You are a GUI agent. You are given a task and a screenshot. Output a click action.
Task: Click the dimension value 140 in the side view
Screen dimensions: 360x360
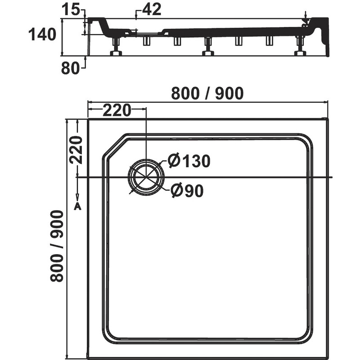pos(42,34)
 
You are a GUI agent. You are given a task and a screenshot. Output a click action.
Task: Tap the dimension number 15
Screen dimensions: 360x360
pos(71,10)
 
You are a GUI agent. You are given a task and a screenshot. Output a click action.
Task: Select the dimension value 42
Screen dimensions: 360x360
pos(152,9)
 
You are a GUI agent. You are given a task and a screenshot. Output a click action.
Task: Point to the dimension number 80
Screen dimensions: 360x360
pos(71,68)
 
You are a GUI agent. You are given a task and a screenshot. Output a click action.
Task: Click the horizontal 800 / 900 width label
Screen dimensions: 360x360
pos(207,93)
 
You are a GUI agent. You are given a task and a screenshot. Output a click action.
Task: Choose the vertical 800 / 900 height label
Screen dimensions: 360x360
pos(57,246)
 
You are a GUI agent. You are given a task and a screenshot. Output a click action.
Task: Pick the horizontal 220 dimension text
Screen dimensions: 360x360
pos(117,110)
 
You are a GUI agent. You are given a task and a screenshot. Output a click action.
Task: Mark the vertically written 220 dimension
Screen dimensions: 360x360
pos(76,150)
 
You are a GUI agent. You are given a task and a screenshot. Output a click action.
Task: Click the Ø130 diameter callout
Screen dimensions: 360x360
pos(189,161)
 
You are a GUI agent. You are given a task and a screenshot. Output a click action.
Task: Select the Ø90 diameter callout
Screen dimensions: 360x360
pos(187,190)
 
